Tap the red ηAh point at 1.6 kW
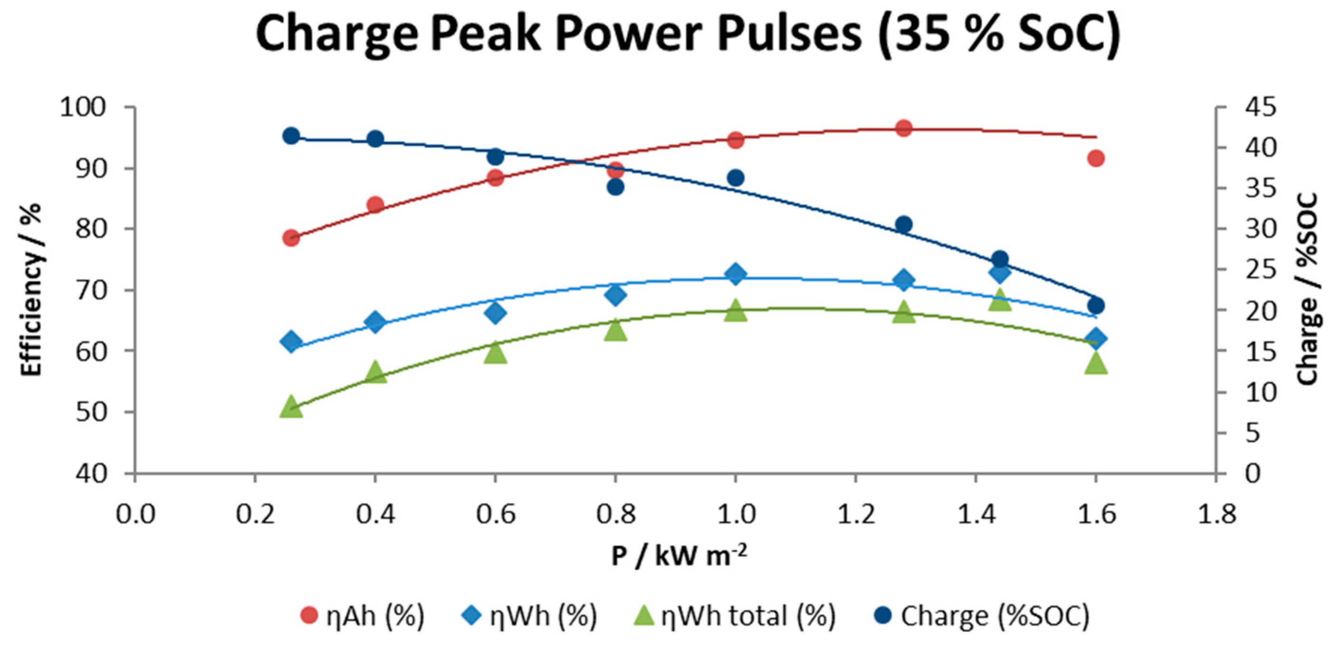(x=1096, y=158)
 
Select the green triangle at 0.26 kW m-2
(x=291, y=407)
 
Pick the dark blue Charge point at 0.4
(x=375, y=139)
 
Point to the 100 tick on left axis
(x=83, y=107)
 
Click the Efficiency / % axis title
(x=31, y=289)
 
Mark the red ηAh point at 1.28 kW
(x=904, y=128)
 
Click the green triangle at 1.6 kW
(x=1096, y=363)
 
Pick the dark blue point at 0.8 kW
(x=615, y=187)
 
